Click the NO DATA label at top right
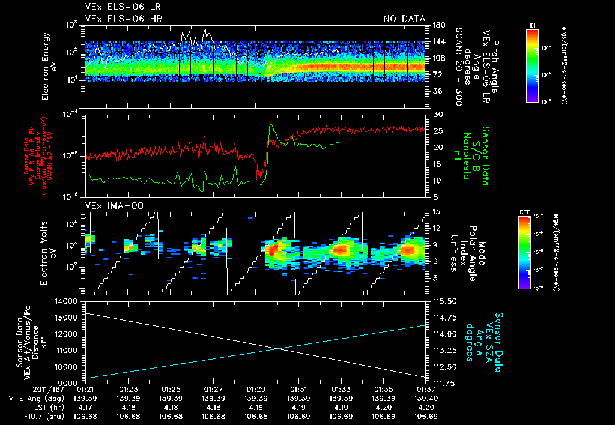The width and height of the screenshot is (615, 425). [x=404, y=19]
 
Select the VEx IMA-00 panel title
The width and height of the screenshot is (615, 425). [x=109, y=206]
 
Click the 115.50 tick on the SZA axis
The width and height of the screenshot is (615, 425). [x=444, y=301]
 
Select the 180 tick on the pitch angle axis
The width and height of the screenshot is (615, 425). [x=438, y=25]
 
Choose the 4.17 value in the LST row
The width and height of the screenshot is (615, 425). [x=86, y=408]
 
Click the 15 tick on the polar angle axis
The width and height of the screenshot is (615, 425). [x=436, y=211]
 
